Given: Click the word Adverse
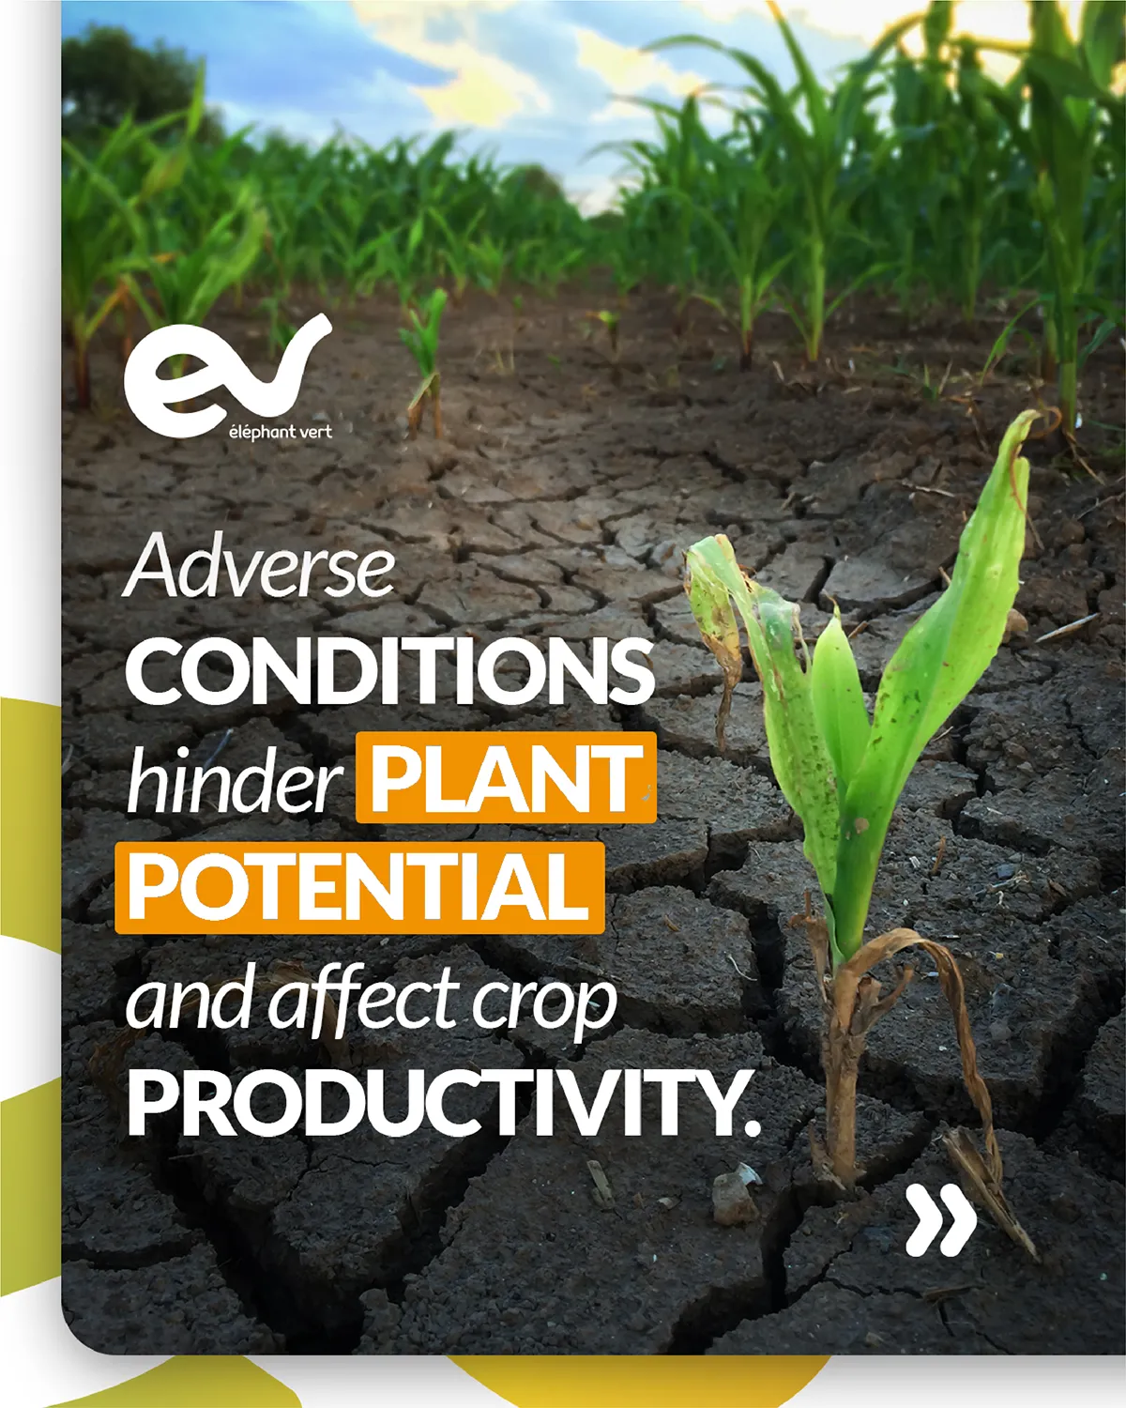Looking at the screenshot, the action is point(260,566).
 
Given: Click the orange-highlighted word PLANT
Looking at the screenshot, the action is point(507,777).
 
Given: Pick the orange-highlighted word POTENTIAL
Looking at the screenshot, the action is point(359,887).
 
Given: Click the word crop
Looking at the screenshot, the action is point(544,1005).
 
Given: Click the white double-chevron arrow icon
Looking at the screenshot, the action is point(941,1221).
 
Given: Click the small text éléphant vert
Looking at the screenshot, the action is point(280,432).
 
